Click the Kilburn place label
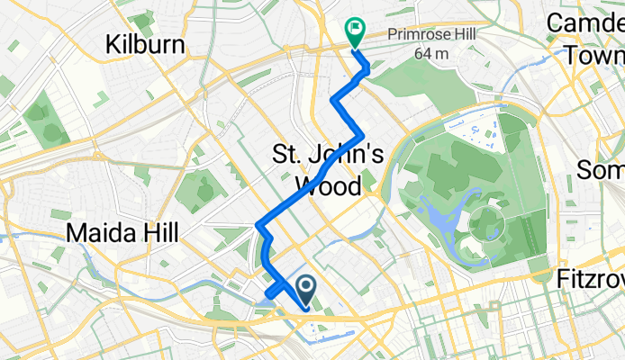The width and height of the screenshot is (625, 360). click(x=145, y=44)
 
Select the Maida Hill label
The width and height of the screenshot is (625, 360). click(x=122, y=234)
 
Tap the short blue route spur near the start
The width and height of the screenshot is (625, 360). click(x=273, y=291)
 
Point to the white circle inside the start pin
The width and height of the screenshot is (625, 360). click(x=305, y=287)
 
